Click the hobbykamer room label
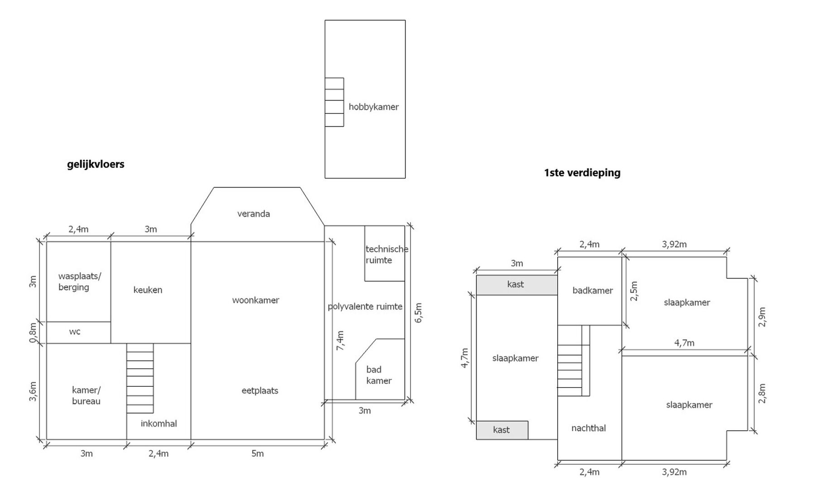click(373, 107)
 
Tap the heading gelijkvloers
click(96, 164)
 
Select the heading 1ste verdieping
click(582, 173)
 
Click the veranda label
click(253, 214)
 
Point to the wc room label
click(75, 332)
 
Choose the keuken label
click(148, 290)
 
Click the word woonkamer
click(256, 300)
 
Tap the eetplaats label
click(260, 391)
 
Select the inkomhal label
click(159, 424)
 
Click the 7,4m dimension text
click(340, 340)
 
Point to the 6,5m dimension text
click(418, 313)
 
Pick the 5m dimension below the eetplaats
click(257, 454)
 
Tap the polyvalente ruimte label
click(365, 307)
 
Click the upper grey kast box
click(516, 285)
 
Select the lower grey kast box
click(502, 430)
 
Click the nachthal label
click(588, 428)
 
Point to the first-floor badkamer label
click(592, 291)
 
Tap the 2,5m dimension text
click(634, 291)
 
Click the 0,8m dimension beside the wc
click(33, 333)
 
